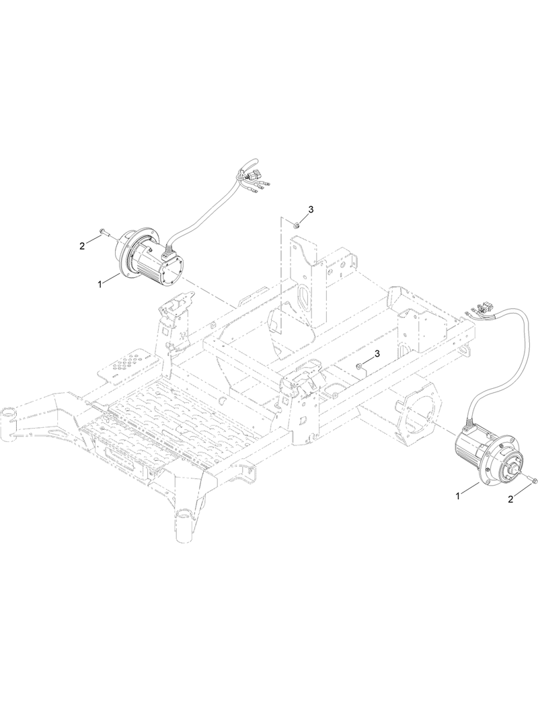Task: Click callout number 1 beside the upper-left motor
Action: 100,284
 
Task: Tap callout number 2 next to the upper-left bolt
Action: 82,246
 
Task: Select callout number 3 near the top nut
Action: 311,210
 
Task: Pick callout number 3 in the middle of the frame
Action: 377,353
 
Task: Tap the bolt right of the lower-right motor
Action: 533,480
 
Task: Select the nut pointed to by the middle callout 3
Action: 360,365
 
